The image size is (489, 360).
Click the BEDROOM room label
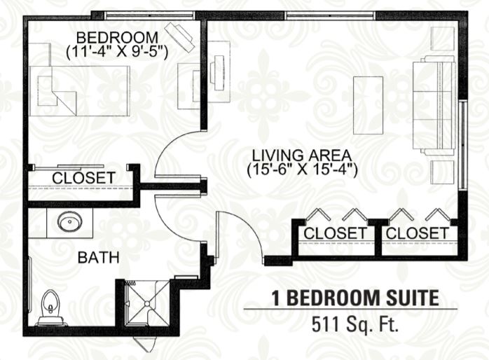tap(117, 38)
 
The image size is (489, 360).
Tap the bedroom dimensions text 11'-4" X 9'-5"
tap(117, 52)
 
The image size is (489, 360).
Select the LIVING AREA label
tap(302, 155)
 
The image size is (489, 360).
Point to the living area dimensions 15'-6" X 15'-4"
tap(302, 170)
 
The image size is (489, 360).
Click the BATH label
tap(99, 258)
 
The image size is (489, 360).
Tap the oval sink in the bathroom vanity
tap(69, 221)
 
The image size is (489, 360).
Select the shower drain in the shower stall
tap(147, 303)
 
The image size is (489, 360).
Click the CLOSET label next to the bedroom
tap(83, 178)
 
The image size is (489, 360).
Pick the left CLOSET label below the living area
tap(336, 233)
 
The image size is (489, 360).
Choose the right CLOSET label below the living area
tap(418, 233)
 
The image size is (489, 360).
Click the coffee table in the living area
tap(368, 105)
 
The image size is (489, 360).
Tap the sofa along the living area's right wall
tap(434, 105)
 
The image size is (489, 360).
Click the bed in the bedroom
tap(80, 91)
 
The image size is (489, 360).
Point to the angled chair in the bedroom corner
tap(180, 38)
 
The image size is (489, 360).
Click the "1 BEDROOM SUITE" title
tap(355, 298)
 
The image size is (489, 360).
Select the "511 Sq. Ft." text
tap(355, 324)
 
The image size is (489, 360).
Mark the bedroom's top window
tap(149, 15)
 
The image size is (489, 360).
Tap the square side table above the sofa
tap(443, 39)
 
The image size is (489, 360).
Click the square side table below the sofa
tap(443, 172)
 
